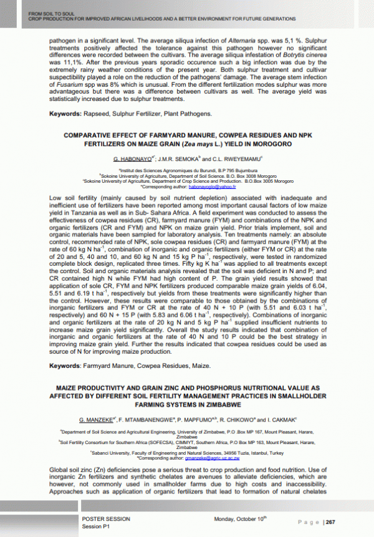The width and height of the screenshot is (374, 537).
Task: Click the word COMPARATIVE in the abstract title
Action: tap(93, 135)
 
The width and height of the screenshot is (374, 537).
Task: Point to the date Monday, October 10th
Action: tap(240, 519)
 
